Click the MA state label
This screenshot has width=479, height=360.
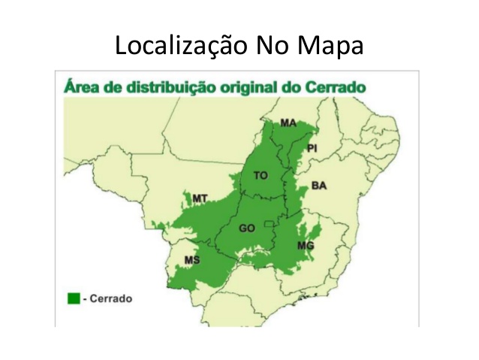(288, 123)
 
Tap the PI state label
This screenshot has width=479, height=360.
(312, 148)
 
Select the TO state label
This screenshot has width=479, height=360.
(261, 175)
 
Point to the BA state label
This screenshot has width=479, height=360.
(319, 186)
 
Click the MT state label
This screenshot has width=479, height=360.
(200, 198)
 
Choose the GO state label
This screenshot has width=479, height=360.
(247, 228)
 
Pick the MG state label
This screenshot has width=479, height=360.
(306, 247)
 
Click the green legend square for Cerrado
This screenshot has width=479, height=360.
(74, 298)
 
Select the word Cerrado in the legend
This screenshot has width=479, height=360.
(111, 298)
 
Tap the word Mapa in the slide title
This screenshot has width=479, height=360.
(330, 46)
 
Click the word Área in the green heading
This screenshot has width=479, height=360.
(79, 86)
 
